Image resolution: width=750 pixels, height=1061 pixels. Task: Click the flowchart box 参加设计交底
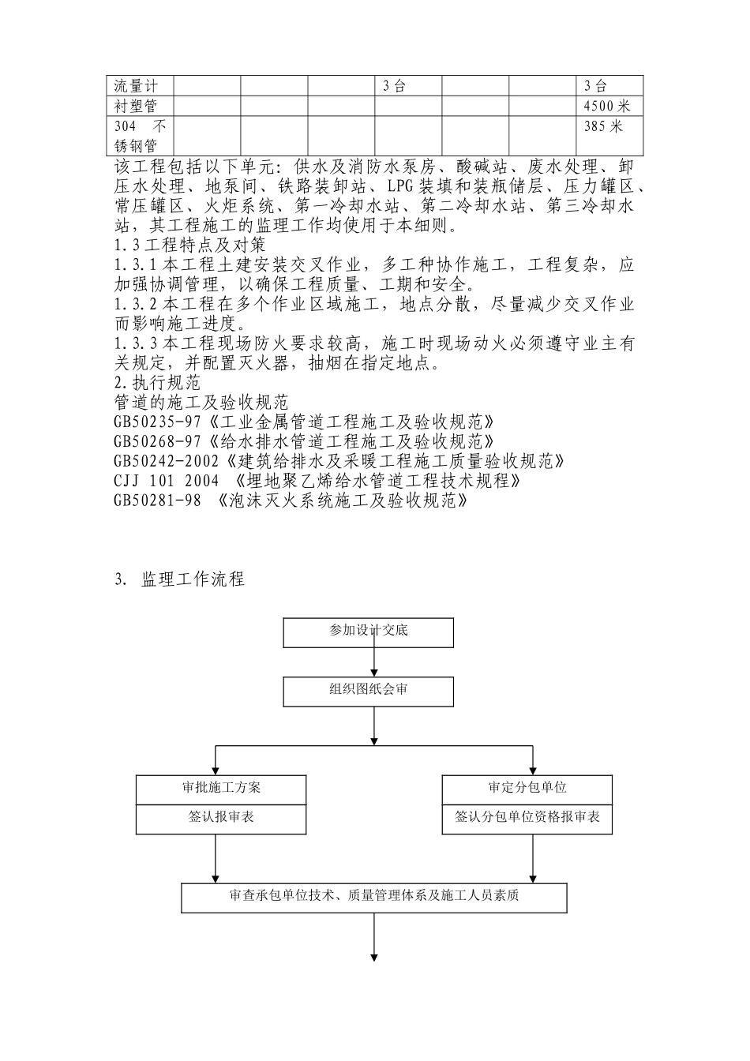(x=369, y=632)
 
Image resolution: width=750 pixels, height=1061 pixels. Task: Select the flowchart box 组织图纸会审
(x=369, y=692)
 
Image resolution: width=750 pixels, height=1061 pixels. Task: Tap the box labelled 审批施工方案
(x=221, y=789)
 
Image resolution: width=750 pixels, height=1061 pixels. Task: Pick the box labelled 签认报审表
(x=221, y=819)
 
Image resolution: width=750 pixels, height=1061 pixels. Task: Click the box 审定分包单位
(x=527, y=789)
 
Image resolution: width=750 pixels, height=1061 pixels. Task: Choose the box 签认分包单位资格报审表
(x=527, y=819)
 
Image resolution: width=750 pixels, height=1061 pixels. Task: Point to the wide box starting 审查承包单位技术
(x=374, y=898)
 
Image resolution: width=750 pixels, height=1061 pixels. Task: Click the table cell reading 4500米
(x=607, y=107)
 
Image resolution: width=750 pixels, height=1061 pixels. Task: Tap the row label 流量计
(x=137, y=86)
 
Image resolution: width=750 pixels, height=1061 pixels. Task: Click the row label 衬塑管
(x=137, y=107)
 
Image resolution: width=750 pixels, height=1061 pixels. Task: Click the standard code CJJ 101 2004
(x=166, y=481)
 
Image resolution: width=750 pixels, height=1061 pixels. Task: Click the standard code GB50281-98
(x=157, y=501)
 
